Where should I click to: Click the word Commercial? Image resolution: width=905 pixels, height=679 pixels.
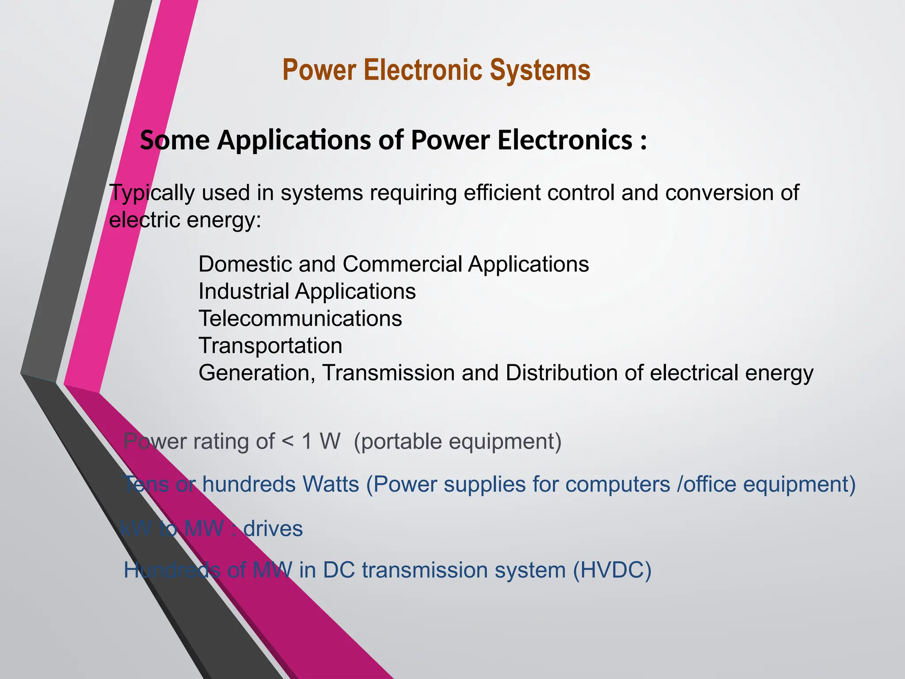click(x=402, y=264)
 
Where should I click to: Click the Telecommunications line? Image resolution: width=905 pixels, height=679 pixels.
click(x=300, y=319)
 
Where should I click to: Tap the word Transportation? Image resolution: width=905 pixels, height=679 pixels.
click(x=270, y=346)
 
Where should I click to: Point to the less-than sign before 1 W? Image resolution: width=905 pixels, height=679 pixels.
click(x=288, y=442)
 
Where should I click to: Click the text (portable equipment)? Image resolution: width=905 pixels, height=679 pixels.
click(x=457, y=442)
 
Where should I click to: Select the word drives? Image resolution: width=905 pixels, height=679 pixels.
click(x=273, y=529)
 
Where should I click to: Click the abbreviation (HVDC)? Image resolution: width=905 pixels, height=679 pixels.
click(x=612, y=570)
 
